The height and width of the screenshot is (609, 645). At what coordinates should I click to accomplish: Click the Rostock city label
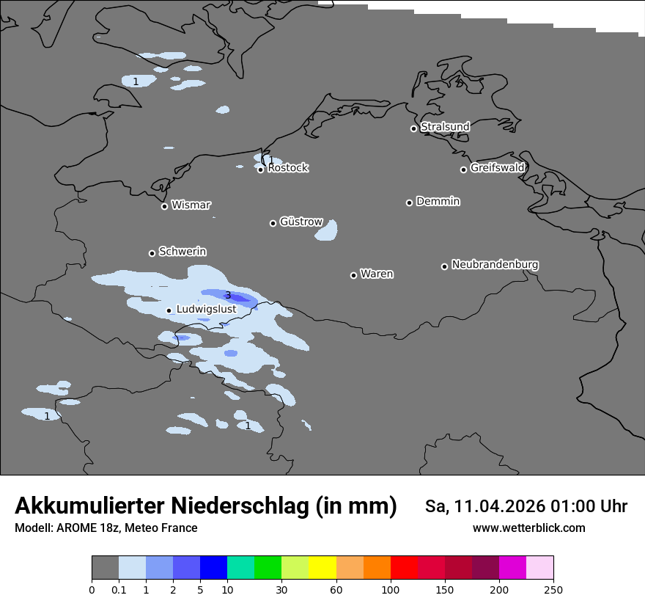click(288, 168)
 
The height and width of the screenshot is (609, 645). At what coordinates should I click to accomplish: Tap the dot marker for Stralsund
click(413, 128)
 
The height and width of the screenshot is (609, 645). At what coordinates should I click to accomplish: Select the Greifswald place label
click(497, 168)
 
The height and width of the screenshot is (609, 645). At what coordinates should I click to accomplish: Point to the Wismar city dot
click(164, 206)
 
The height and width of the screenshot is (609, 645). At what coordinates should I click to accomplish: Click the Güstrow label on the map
click(301, 222)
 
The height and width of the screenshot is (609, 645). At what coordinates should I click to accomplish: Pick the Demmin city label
click(438, 201)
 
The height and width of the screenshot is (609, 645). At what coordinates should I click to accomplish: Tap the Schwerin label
click(183, 252)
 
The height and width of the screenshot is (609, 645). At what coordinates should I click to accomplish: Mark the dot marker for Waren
click(353, 275)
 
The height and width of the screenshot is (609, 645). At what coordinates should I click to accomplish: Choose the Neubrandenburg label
click(495, 265)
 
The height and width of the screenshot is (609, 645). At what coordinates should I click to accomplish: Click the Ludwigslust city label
click(206, 310)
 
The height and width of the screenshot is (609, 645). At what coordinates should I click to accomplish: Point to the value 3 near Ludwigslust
click(228, 296)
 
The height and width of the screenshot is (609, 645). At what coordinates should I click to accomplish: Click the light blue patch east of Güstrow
click(327, 231)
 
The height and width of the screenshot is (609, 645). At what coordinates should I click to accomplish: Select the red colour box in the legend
click(404, 568)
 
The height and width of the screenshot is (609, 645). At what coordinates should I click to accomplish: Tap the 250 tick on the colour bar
click(553, 589)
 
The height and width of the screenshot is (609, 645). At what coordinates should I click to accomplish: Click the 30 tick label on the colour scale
click(281, 589)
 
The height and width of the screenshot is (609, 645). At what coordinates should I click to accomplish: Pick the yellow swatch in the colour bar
click(322, 568)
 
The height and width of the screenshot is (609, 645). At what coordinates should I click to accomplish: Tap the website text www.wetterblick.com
click(528, 528)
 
